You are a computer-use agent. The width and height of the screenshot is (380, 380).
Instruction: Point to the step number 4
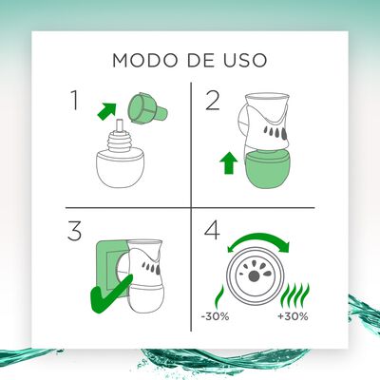214,233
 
